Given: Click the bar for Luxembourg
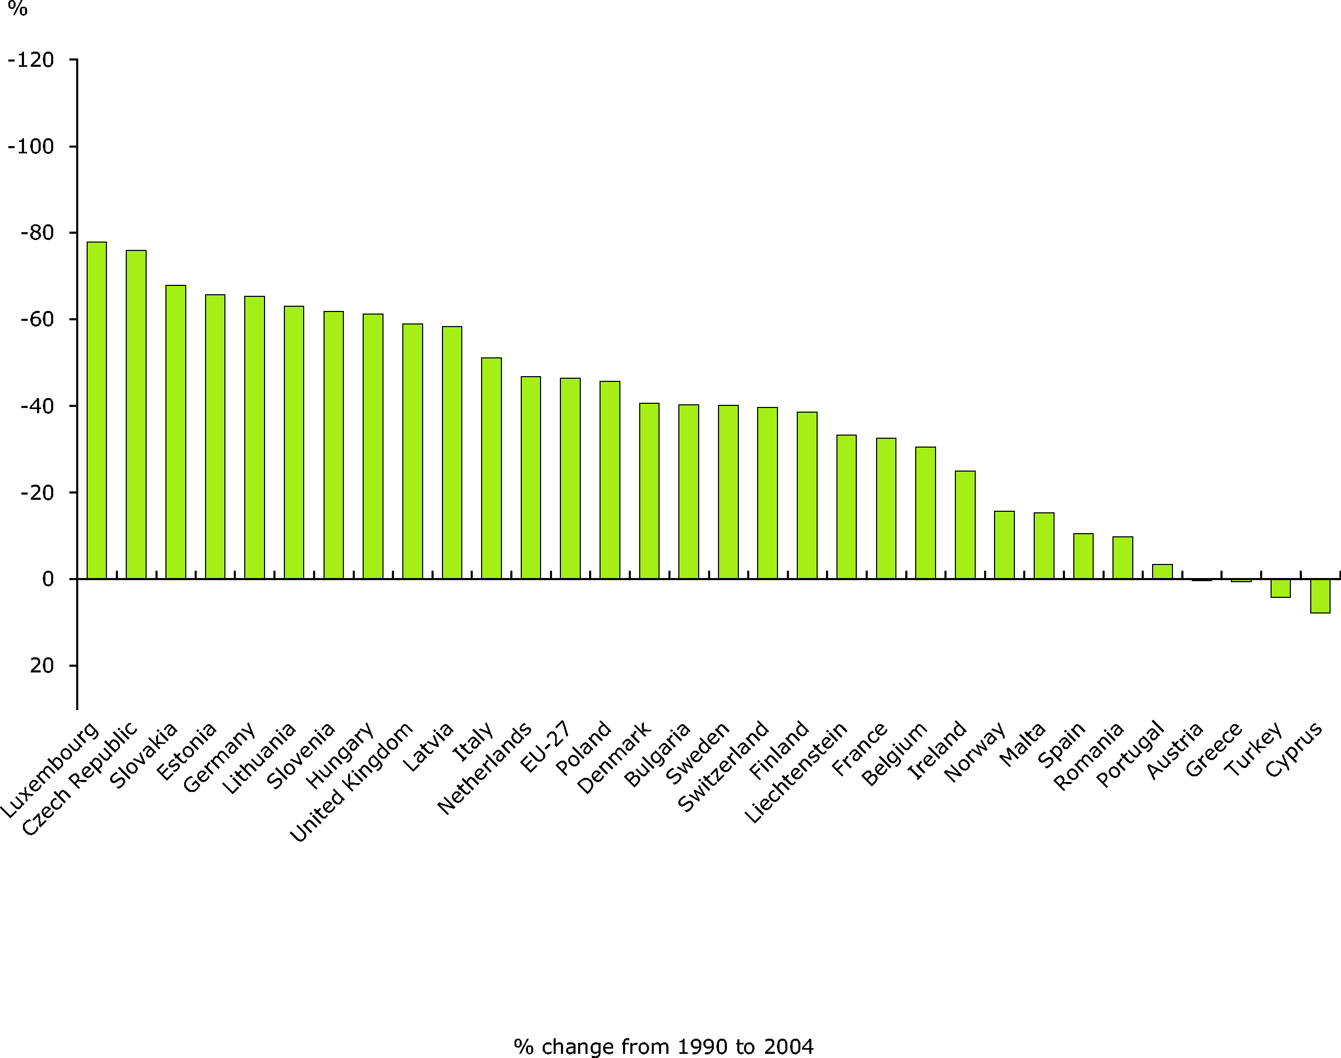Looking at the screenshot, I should tap(97, 410).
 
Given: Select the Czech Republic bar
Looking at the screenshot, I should tap(136, 414).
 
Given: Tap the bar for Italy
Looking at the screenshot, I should tap(491, 468).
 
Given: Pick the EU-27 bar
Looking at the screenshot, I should tap(570, 478).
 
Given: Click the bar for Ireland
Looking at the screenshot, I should tap(965, 525).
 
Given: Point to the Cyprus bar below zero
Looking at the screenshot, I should tap(1320, 596).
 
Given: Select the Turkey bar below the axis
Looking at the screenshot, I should tap(1280, 588).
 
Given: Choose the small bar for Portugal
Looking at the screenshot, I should tap(1162, 571).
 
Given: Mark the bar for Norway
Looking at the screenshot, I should tap(1004, 545).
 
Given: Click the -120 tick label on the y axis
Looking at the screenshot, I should tap(31, 60).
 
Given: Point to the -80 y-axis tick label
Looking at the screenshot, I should tap(37, 233).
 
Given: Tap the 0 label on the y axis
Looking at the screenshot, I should tap(47, 579).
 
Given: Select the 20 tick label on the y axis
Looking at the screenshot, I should tap(42, 665).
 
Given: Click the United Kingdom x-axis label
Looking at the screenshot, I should tap(351, 782).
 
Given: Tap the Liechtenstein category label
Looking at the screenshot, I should tap(795, 772).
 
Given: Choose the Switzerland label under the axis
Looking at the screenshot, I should tap(723, 766).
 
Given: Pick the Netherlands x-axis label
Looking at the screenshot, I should tap(484, 767).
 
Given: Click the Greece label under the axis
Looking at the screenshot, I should tap(1214, 749).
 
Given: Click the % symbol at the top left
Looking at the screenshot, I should tap(17, 9).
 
